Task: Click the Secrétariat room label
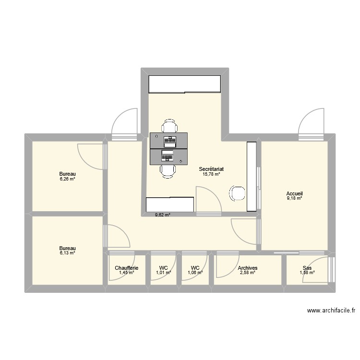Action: point(212,169)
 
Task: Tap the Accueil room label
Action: point(295,193)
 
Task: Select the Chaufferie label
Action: point(127,268)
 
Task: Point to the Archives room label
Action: point(248,268)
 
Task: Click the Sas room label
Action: point(307,268)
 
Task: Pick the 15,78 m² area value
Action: point(212,174)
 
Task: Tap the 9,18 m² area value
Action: point(295,198)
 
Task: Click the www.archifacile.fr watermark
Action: point(331,312)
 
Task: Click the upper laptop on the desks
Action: point(169,141)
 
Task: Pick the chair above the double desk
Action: point(168,127)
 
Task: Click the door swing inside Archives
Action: point(225,266)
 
